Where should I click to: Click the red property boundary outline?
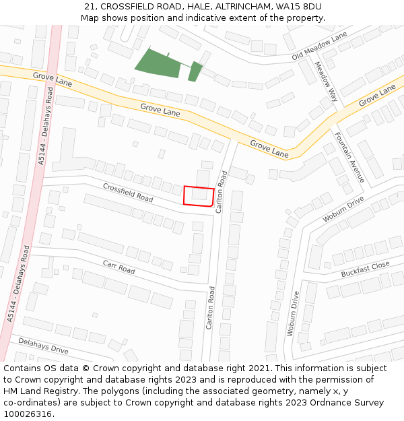(199, 196)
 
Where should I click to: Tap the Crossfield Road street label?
(128, 192)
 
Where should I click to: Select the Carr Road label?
(119, 267)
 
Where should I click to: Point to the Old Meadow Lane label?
(320, 46)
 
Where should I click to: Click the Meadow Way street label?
(325, 82)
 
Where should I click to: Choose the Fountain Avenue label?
(349, 157)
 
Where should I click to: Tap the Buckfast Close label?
(365, 269)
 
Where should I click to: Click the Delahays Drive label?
(43, 346)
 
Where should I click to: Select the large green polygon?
(159, 63)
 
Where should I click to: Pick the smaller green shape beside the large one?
(195, 71)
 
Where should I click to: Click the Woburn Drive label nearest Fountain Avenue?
(343, 209)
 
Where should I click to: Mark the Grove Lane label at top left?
(53, 79)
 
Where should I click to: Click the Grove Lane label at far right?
(377, 96)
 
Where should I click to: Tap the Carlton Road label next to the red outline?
(220, 192)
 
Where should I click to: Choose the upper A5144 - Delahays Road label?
(46, 125)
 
